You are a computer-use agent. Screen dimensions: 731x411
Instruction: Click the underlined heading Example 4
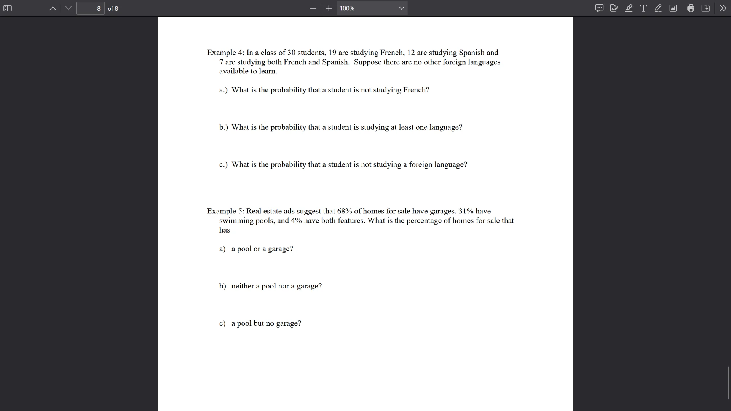click(224, 53)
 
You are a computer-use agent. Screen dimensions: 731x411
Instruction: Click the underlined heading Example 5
click(224, 211)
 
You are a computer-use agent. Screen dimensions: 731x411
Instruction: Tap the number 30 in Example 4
click(291, 53)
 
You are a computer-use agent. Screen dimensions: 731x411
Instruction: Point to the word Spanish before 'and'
click(471, 53)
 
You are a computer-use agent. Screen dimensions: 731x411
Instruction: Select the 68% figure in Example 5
click(345, 211)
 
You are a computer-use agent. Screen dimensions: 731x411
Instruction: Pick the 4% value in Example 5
click(296, 221)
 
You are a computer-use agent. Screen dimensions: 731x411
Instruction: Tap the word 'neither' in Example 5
click(243, 286)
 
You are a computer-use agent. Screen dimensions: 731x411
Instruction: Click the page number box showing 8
click(90, 8)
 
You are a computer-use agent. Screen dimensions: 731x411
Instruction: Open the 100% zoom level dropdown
click(372, 8)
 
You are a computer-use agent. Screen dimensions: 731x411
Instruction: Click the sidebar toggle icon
click(8, 8)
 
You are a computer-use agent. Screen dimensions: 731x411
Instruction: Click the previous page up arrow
click(53, 8)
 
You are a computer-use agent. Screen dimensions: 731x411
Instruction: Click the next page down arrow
click(69, 8)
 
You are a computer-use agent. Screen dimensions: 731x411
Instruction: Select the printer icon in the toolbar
click(691, 8)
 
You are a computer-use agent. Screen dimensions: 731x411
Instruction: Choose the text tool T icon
click(643, 8)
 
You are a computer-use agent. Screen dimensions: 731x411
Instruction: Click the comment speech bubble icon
click(599, 8)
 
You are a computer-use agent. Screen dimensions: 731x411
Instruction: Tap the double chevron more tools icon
click(723, 8)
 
